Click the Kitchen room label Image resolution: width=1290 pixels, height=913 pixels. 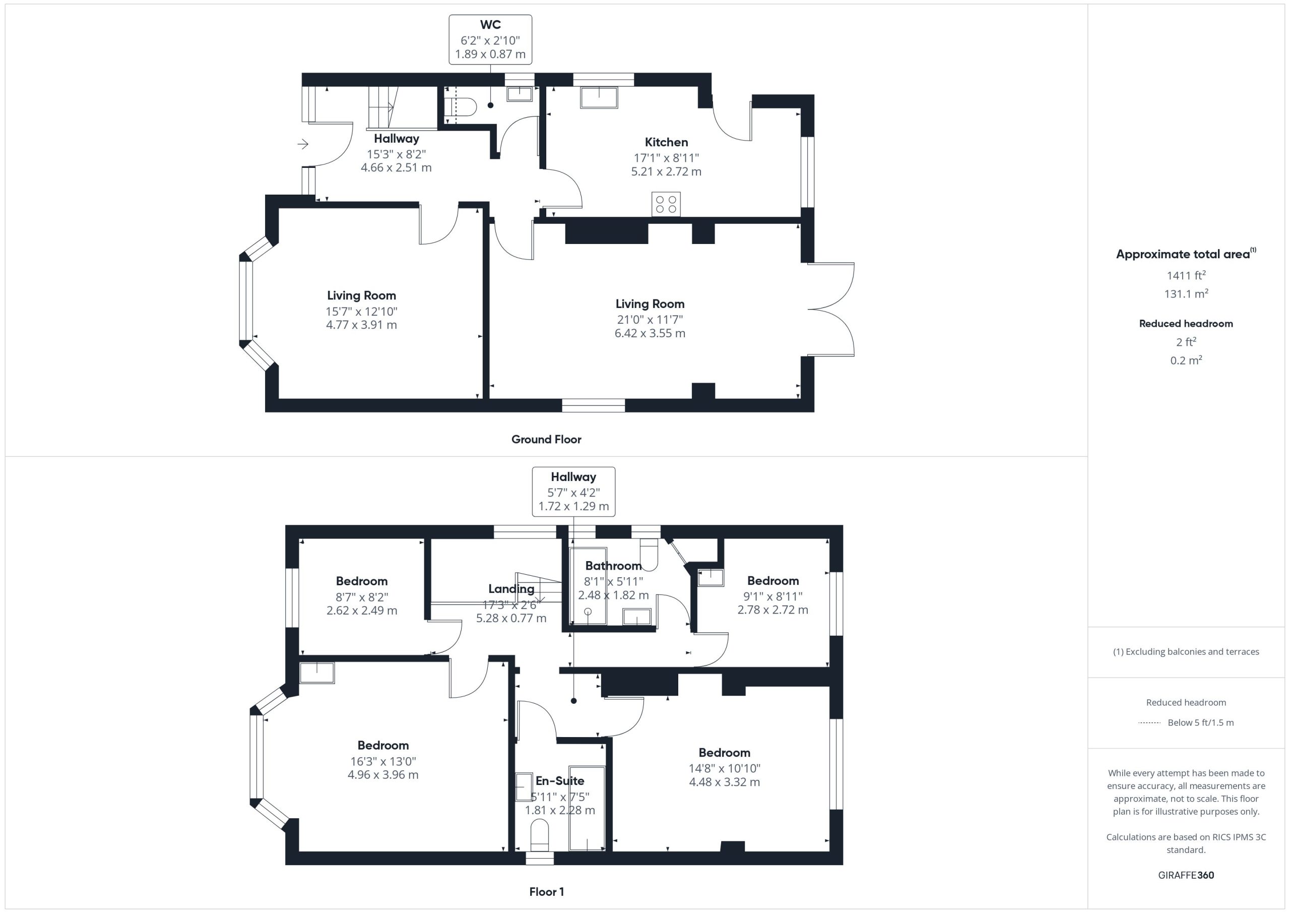point(666,142)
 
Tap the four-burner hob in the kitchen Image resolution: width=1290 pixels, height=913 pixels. point(666,204)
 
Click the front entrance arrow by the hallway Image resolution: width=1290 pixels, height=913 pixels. point(303,145)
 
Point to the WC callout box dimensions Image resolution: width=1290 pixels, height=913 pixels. point(490,47)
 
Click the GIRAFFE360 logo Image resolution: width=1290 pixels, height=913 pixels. point(1186,875)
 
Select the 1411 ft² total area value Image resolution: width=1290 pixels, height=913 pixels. point(1186,275)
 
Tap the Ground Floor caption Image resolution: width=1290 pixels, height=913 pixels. point(546,440)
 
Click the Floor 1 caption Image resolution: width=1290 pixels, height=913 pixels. point(546,892)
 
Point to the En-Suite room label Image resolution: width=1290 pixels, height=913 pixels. point(560,781)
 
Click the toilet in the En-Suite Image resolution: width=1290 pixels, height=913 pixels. point(539,835)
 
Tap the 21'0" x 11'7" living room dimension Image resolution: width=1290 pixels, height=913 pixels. point(650,319)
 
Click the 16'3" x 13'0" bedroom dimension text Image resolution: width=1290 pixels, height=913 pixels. point(382,761)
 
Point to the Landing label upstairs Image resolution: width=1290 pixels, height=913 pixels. point(511,589)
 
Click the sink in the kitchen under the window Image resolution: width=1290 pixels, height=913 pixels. point(599,97)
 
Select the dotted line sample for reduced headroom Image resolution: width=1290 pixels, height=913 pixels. point(1149,723)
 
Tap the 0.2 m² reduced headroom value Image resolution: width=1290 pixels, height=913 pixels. point(1186,360)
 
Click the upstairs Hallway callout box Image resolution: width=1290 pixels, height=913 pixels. point(573,492)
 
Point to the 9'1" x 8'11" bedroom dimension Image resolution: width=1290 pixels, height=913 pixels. point(772,596)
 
